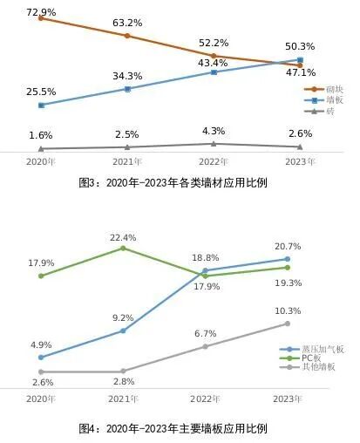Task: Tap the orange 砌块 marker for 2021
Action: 127,36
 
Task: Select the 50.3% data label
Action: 300,46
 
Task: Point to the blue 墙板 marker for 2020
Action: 41,105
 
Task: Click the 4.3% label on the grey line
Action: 214,131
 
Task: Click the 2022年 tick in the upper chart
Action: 214,162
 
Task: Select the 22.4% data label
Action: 123,237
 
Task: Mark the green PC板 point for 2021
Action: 123,249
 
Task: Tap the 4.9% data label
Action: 41,345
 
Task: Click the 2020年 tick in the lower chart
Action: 41,399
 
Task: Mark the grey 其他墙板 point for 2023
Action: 287,324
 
